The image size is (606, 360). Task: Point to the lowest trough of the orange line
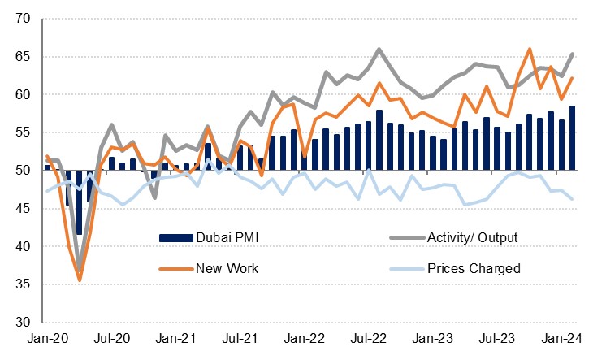[80, 280]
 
